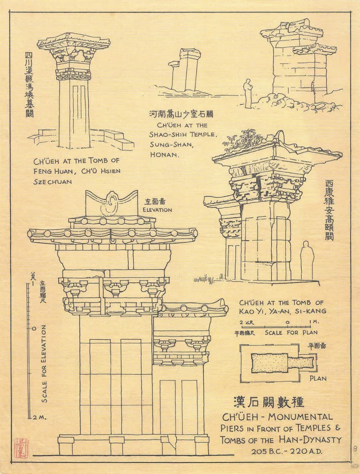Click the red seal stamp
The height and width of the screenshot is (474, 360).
coord(21,447)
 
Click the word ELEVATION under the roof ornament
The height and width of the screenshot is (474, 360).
coord(157,210)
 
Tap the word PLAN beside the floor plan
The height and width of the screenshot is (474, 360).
coord(318,378)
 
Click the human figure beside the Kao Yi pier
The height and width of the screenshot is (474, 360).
coord(307,261)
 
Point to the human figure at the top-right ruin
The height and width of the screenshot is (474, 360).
coord(247,93)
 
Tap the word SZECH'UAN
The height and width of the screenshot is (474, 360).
coord(52,181)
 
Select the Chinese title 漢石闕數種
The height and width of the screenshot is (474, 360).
coord(269,402)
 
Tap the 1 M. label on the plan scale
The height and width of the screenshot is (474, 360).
coord(314,323)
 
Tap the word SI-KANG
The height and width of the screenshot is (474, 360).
coord(309,311)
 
